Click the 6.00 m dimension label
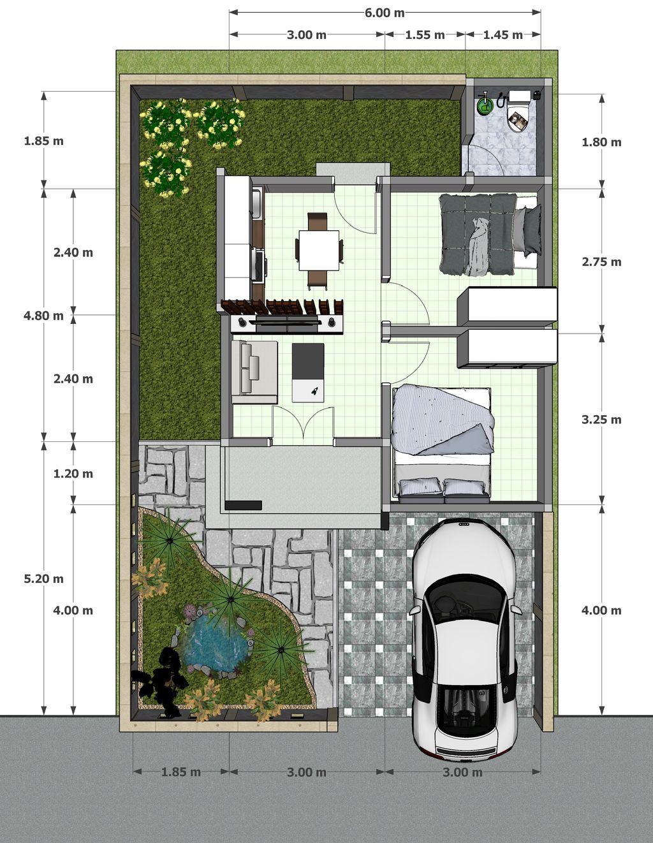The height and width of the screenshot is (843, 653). tap(385, 13)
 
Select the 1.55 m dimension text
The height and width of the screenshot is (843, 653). tap(425, 35)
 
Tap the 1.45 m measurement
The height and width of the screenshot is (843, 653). tap(503, 35)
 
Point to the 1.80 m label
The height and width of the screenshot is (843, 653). tap(601, 142)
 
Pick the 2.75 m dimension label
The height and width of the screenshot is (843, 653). tap(601, 262)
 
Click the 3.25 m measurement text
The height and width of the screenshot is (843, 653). tap(601, 420)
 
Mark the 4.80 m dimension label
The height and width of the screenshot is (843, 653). tap(43, 316)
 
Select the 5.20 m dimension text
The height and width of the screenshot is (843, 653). tap(43, 579)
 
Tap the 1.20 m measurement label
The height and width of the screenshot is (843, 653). tap(73, 474)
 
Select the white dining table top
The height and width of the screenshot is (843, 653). tap(319, 250)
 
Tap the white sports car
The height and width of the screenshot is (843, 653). tap(464, 638)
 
